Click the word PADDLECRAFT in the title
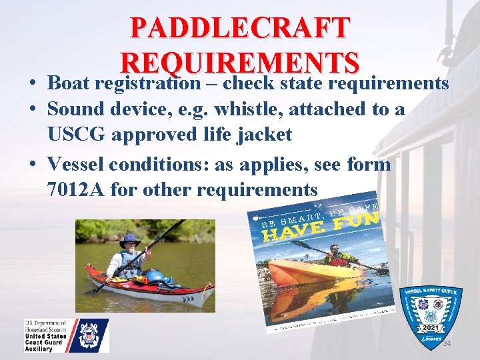pyautogui.click(x=240, y=28)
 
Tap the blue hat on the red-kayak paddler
pyautogui.click(x=130, y=239)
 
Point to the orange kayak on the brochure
pyautogui.click(x=313, y=269)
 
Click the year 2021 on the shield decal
pyautogui.click(x=430, y=329)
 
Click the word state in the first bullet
pyautogui.click(x=305, y=83)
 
